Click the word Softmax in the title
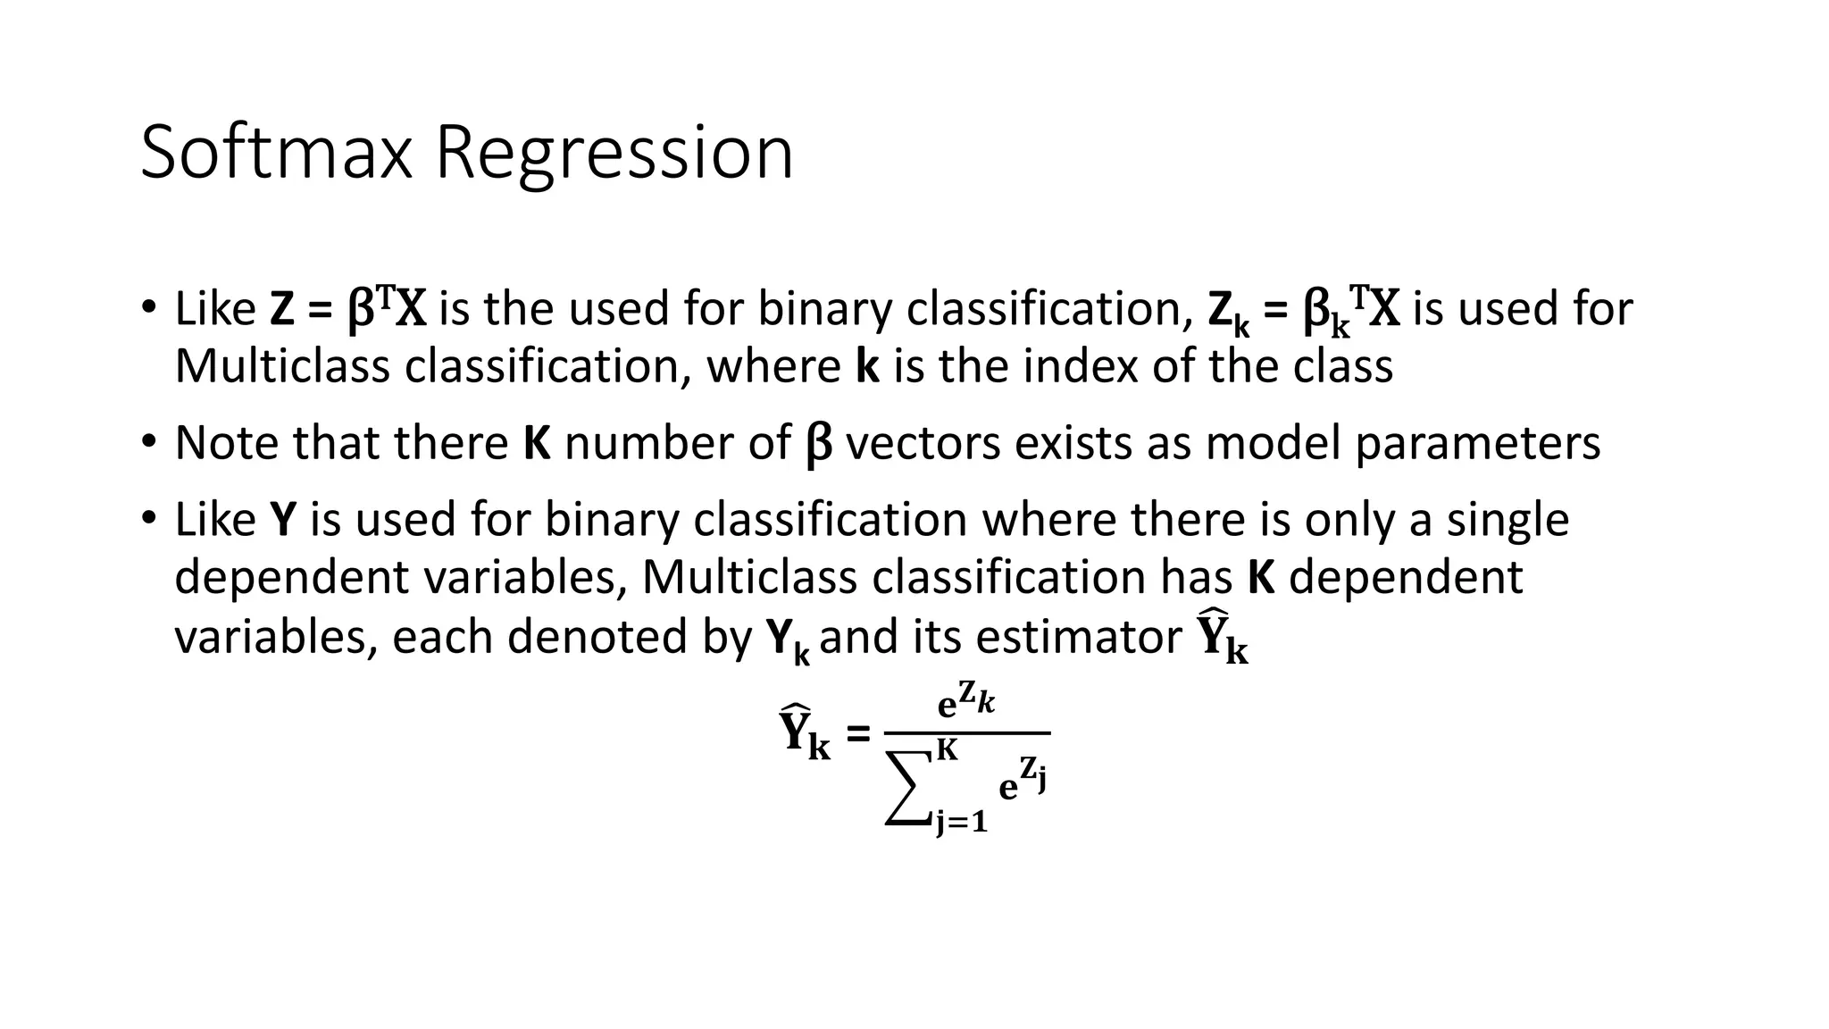[276, 153]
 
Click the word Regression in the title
[614, 153]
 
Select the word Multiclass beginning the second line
[282, 367]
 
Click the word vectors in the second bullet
[923, 443]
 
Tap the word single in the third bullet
[1507, 520]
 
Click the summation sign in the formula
[908, 789]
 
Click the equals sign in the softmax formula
[856, 735]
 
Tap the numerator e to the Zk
[965, 703]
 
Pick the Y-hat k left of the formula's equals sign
[805, 733]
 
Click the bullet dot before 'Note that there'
[148, 441]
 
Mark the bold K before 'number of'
[537, 443]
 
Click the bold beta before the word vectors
[818, 445]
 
